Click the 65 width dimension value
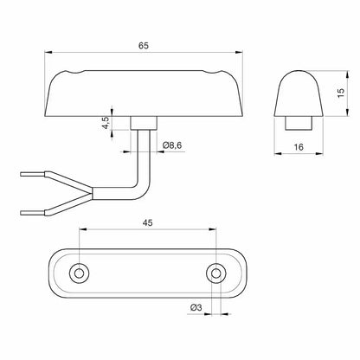[x=145, y=43]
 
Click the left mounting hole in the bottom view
[x=79, y=273]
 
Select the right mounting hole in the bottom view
[x=214, y=273]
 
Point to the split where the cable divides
[x=87, y=192]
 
